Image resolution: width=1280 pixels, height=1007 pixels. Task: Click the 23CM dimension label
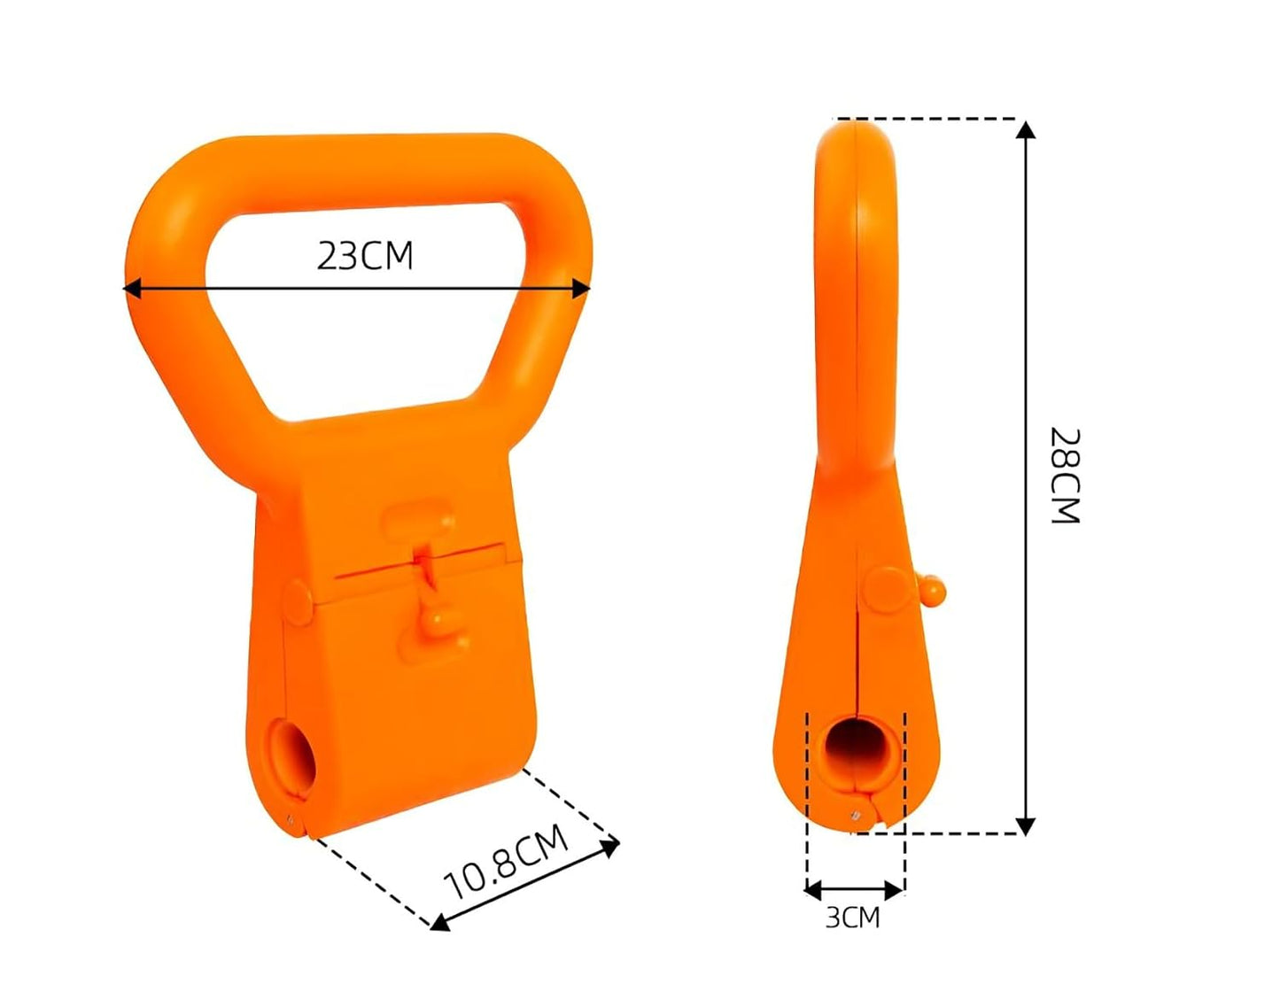coord(365,256)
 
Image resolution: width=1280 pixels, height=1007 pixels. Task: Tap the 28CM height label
coord(1065,476)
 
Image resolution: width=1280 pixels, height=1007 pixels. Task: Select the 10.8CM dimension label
coord(506,862)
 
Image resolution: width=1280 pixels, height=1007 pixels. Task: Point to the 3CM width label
coord(852,918)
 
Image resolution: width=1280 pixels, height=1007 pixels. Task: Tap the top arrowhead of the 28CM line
coord(1026,129)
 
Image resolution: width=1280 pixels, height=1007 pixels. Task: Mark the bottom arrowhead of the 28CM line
coord(1026,825)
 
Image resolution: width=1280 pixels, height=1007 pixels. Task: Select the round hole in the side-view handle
coord(856,749)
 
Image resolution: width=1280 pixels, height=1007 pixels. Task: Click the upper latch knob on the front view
coord(419,522)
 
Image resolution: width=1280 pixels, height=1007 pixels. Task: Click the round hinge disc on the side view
coord(886,590)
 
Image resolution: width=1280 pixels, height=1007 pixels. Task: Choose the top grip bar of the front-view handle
coord(372,168)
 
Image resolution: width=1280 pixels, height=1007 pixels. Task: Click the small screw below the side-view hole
coord(855,815)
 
